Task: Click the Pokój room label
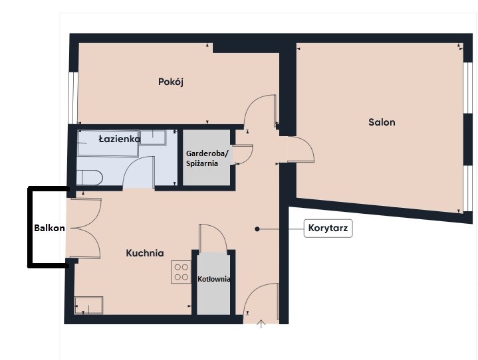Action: pos(171,82)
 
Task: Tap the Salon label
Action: pos(382,122)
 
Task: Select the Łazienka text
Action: pos(120,139)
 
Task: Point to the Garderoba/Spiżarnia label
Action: pos(207,158)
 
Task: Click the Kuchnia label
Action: pos(145,253)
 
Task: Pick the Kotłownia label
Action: pos(213,279)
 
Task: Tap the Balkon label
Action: pos(49,228)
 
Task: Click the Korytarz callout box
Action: pos(328,228)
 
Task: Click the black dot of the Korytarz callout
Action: pos(257,229)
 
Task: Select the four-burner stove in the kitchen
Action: pos(181,272)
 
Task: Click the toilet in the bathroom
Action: pos(89,177)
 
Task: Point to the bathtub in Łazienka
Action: pos(108,143)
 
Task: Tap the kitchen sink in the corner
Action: pos(88,305)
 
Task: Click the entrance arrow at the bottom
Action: pos(261,324)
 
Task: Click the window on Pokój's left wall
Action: pos(73,98)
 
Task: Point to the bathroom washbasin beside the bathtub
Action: pos(153,137)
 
